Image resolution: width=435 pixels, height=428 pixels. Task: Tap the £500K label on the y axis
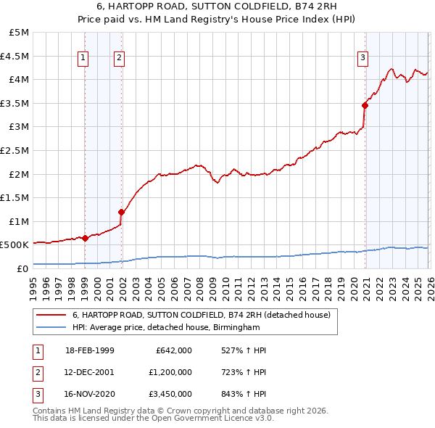pyautogui.click(x=15, y=245)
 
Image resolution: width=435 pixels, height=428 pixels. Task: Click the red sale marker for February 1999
pyautogui.click(x=86, y=238)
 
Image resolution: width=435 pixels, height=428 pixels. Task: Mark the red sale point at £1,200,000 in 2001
pyautogui.click(x=121, y=212)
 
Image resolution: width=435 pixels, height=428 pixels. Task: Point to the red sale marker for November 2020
pyautogui.click(x=365, y=106)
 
